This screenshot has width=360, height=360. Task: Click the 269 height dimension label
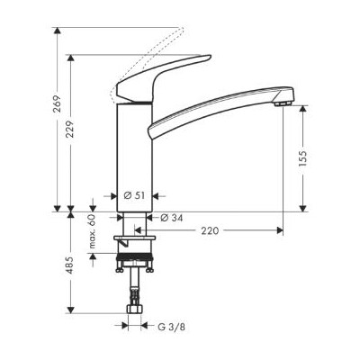[x=57, y=103]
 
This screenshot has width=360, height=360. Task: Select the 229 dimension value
[x=70, y=130]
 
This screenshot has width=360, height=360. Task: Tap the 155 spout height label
[x=303, y=158]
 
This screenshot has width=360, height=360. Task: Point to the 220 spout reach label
[x=210, y=230]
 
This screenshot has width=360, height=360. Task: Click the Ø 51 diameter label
[x=134, y=195]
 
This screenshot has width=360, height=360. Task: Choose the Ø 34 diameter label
[x=171, y=218]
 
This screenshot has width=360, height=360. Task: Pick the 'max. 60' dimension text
[x=93, y=231]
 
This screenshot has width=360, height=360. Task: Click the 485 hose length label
[x=70, y=265]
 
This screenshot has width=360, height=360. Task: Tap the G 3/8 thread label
[x=171, y=327]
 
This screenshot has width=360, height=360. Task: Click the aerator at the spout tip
[x=283, y=103]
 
